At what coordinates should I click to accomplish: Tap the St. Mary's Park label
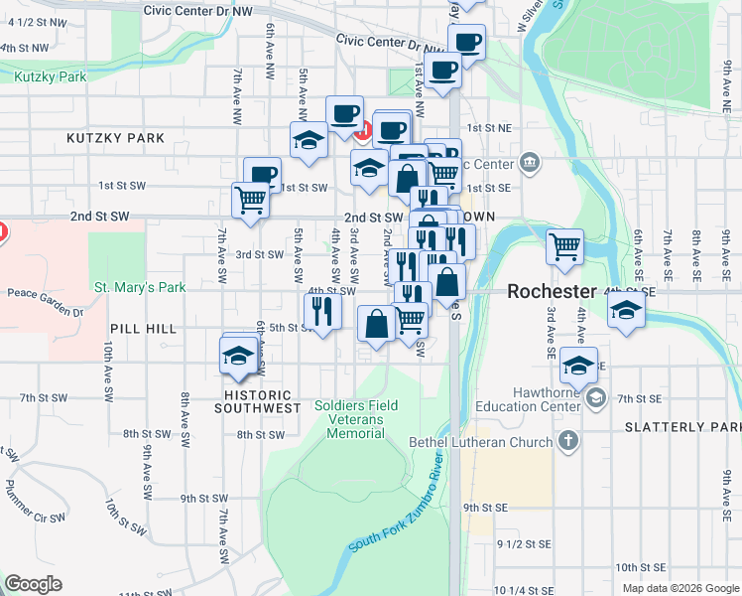click(140, 288)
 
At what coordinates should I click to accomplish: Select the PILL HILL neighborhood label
click(144, 328)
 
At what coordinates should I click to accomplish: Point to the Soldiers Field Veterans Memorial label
click(356, 419)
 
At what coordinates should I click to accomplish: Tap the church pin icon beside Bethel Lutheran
click(568, 440)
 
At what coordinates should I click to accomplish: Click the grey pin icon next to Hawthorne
click(595, 398)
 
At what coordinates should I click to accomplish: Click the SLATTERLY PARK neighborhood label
click(682, 427)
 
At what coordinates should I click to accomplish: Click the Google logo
click(33, 584)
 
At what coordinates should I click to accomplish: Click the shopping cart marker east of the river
click(564, 245)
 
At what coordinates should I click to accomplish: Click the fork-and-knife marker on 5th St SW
click(322, 311)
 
